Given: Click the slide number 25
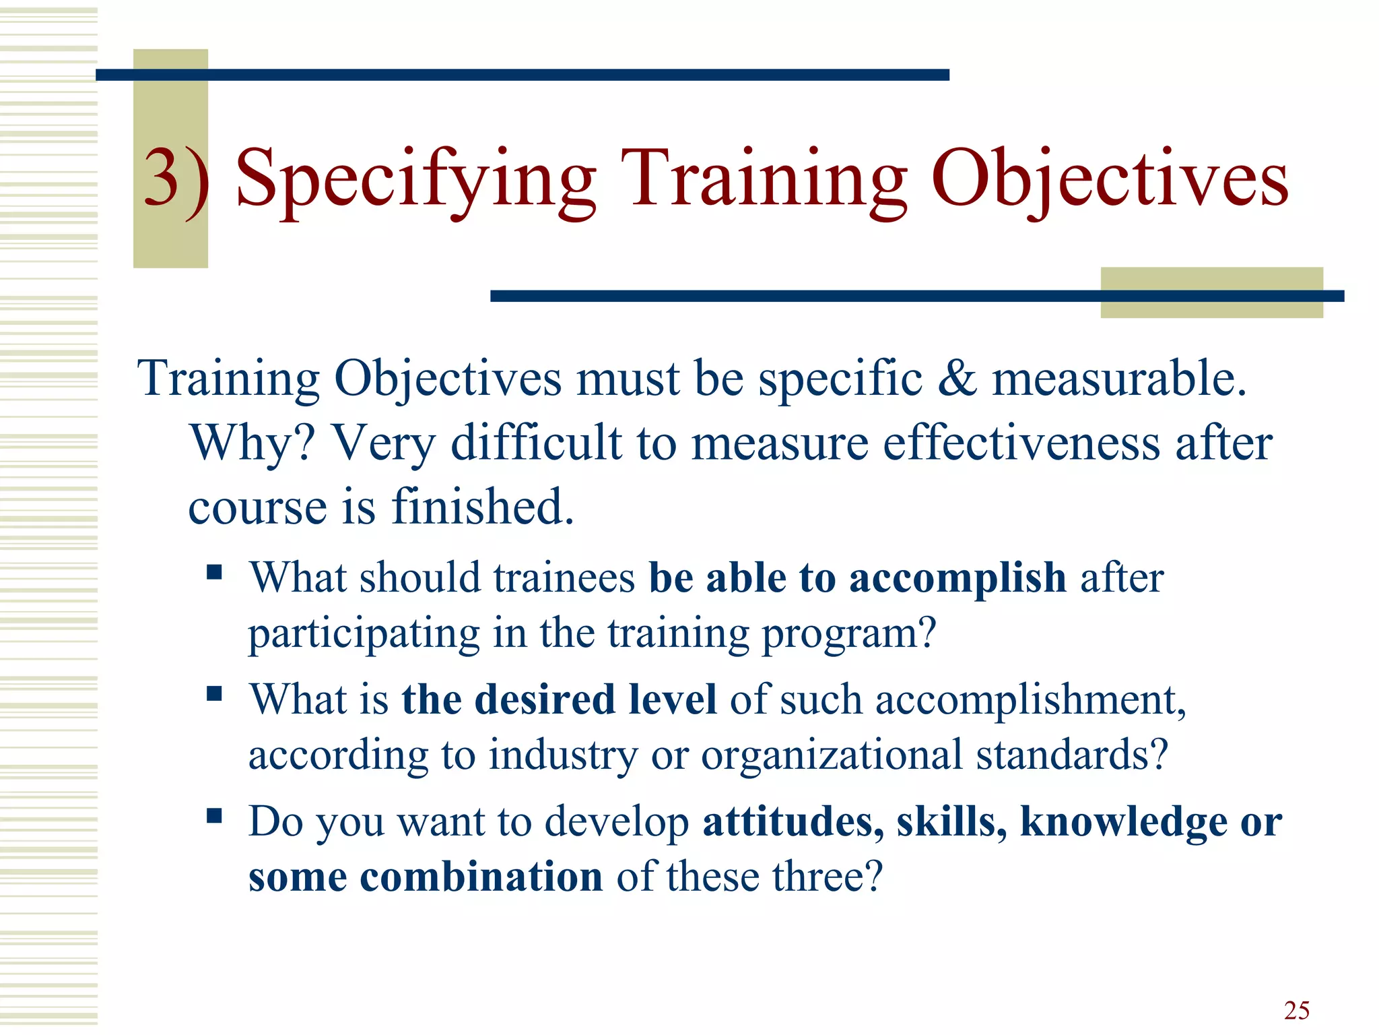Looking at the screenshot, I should [1296, 1011].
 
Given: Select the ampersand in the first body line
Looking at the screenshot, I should [956, 378].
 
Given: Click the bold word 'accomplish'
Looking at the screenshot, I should [957, 578].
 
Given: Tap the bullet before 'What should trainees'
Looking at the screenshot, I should [214, 572].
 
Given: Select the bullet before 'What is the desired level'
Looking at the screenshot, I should [214, 693].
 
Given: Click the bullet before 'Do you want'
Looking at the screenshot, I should [214, 816].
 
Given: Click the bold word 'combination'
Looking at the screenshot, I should [481, 877].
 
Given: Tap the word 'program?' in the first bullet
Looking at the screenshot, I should [848, 633].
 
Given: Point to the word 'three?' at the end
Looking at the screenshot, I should [826, 877].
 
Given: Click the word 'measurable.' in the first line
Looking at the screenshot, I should [1119, 378].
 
